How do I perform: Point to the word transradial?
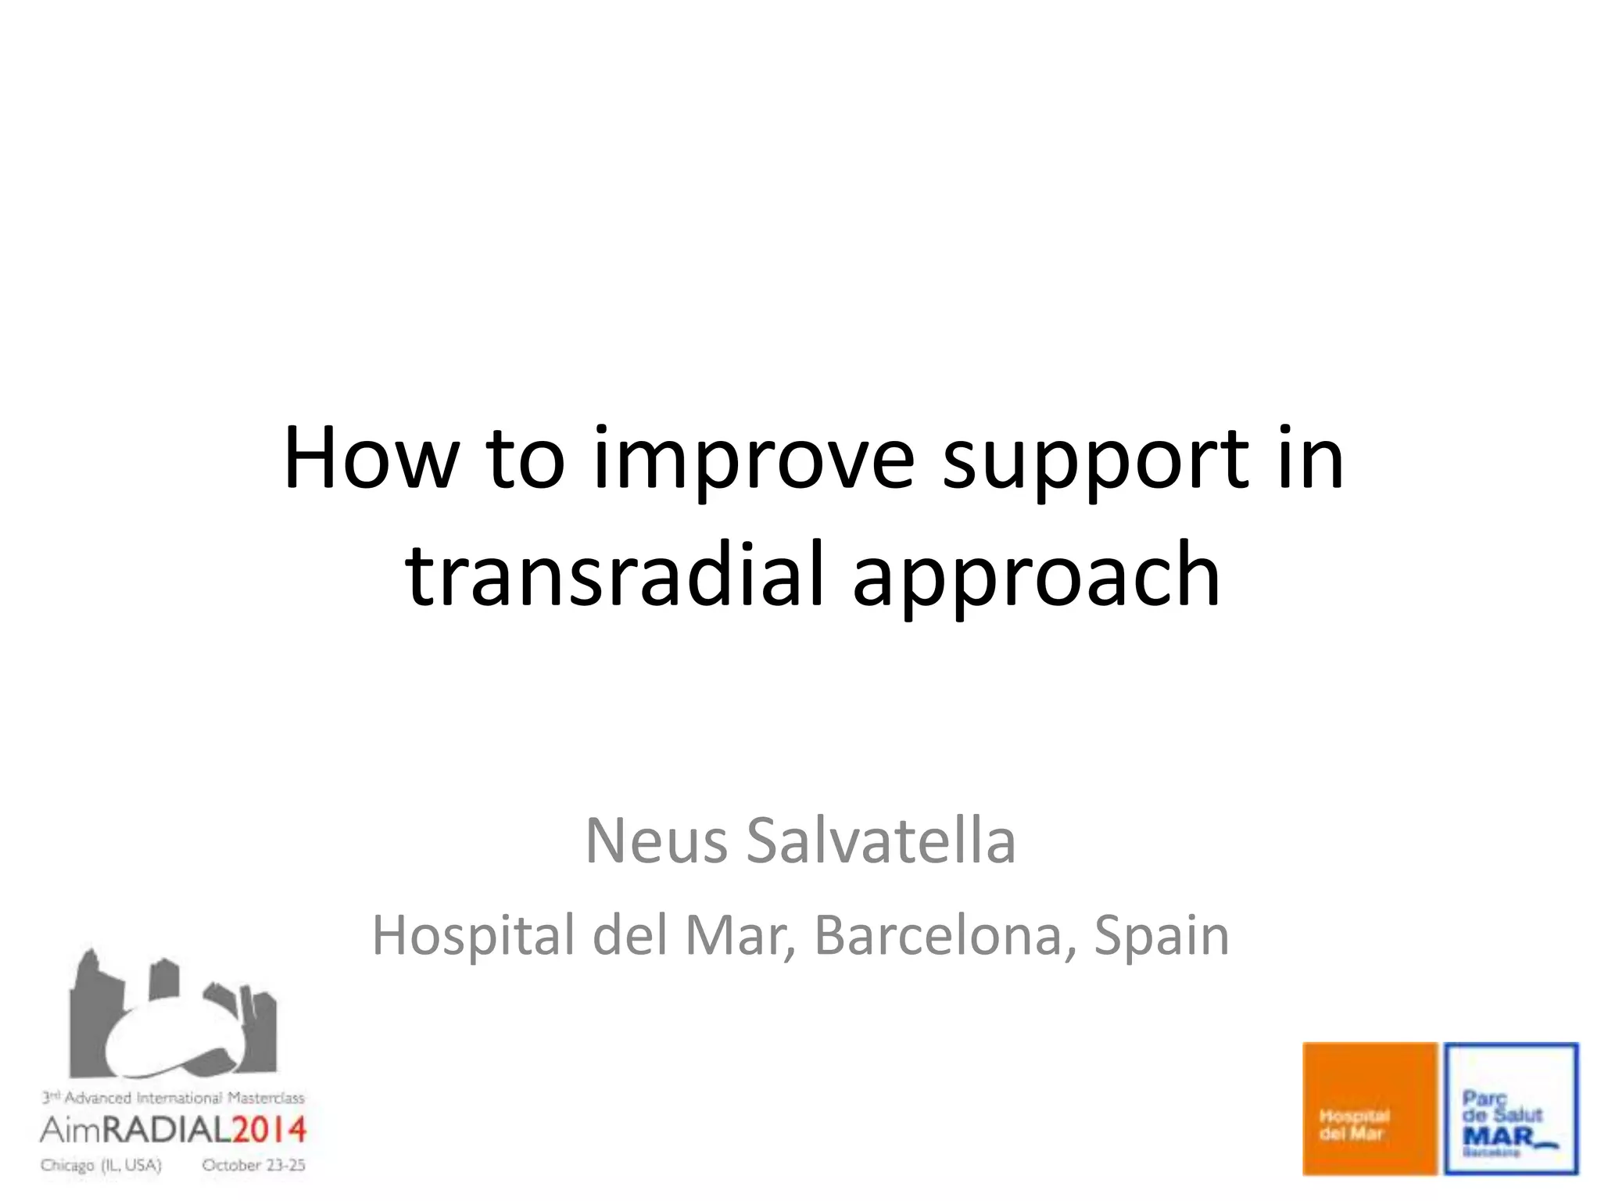[614, 575]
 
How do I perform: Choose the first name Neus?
[656, 841]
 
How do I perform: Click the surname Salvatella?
[881, 841]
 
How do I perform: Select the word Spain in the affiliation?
[1162, 937]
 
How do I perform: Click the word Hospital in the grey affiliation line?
[474, 937]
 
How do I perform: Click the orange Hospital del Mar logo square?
[1370, 1108]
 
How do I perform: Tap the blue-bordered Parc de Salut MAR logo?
[1510, 1108]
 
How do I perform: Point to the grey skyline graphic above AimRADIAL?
[172, 1016]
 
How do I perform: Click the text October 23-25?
[253, 1165]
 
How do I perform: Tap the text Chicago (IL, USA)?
[101, 1165]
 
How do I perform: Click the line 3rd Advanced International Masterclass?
[173, 1098]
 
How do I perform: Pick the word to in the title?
[525, 460]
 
